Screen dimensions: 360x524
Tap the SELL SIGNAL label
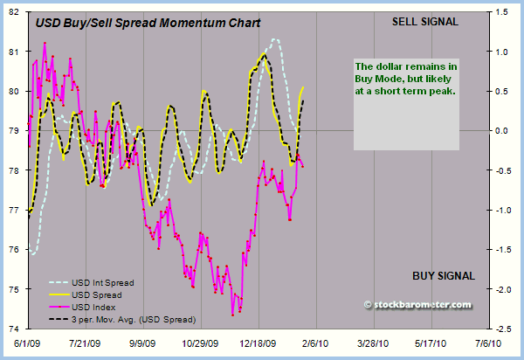tap(425, 21)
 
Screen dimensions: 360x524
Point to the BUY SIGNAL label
tap(443, 276)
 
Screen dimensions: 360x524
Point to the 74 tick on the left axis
tap(16, 329)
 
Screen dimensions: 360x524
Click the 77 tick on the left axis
tap(16, 211)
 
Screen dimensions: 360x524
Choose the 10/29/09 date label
tap(200, 344)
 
